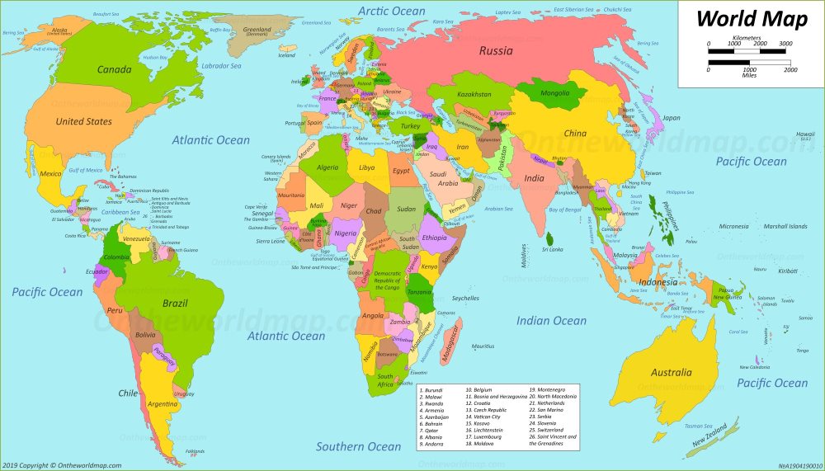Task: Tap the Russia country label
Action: [496, 51]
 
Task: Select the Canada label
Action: [114, 70]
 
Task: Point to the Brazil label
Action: [175, 304]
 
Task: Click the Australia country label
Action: [671, 372]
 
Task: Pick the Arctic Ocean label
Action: [392, 12]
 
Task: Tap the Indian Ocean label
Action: [551, 321]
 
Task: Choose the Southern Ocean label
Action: [359, 446]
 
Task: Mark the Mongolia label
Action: [554, 93]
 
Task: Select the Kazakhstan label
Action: [474, 95]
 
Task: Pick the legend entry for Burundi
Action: [431, 389]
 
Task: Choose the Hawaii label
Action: [805, 134]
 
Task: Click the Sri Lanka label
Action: [552, 249]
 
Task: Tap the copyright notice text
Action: [62, 465]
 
